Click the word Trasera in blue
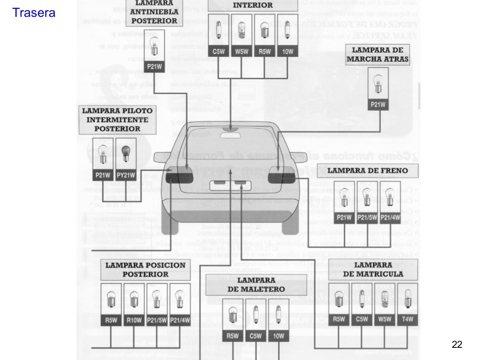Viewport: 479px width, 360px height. click(x=34, y=13)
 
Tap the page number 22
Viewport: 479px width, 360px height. click(x=457, y=345)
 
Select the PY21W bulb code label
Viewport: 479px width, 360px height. click(x=126, y=176)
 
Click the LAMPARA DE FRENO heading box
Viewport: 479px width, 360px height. click(x=367, y=171)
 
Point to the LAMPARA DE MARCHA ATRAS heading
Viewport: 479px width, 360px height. click(x=377, y=55)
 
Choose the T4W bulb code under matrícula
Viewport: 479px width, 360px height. click(x=407, y=320)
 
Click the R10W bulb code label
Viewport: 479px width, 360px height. click(x=134, y=320)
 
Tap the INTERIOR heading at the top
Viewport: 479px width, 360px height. click(x=253, y=5)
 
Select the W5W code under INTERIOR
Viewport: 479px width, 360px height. click(x=241, y=51)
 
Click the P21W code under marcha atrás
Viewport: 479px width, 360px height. click(x=377, y=105)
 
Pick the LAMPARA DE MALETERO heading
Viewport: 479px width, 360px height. click(x=256, y=285)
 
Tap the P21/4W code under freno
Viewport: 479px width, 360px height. click(x=390, y=217)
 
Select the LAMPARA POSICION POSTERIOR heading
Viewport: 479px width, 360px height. click(x=145, y=270)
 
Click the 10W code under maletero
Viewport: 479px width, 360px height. click(x=278, y=336)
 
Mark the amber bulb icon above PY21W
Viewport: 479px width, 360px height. click(x=126, y=153)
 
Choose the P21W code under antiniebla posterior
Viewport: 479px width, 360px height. click(x=154, y=67)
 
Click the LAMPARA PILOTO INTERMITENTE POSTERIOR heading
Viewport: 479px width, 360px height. click(x=117, y=120)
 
